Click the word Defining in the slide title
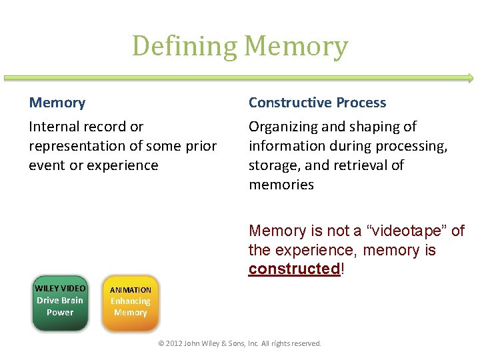tap(185, 47)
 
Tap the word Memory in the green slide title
tap(296, 47)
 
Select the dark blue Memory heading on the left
tap(57, 103)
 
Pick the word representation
tap(78, 145)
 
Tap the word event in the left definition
tap(45, 165)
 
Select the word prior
tap(201, 145)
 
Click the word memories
tap(281, 184)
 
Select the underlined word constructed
tap(294, 269)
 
